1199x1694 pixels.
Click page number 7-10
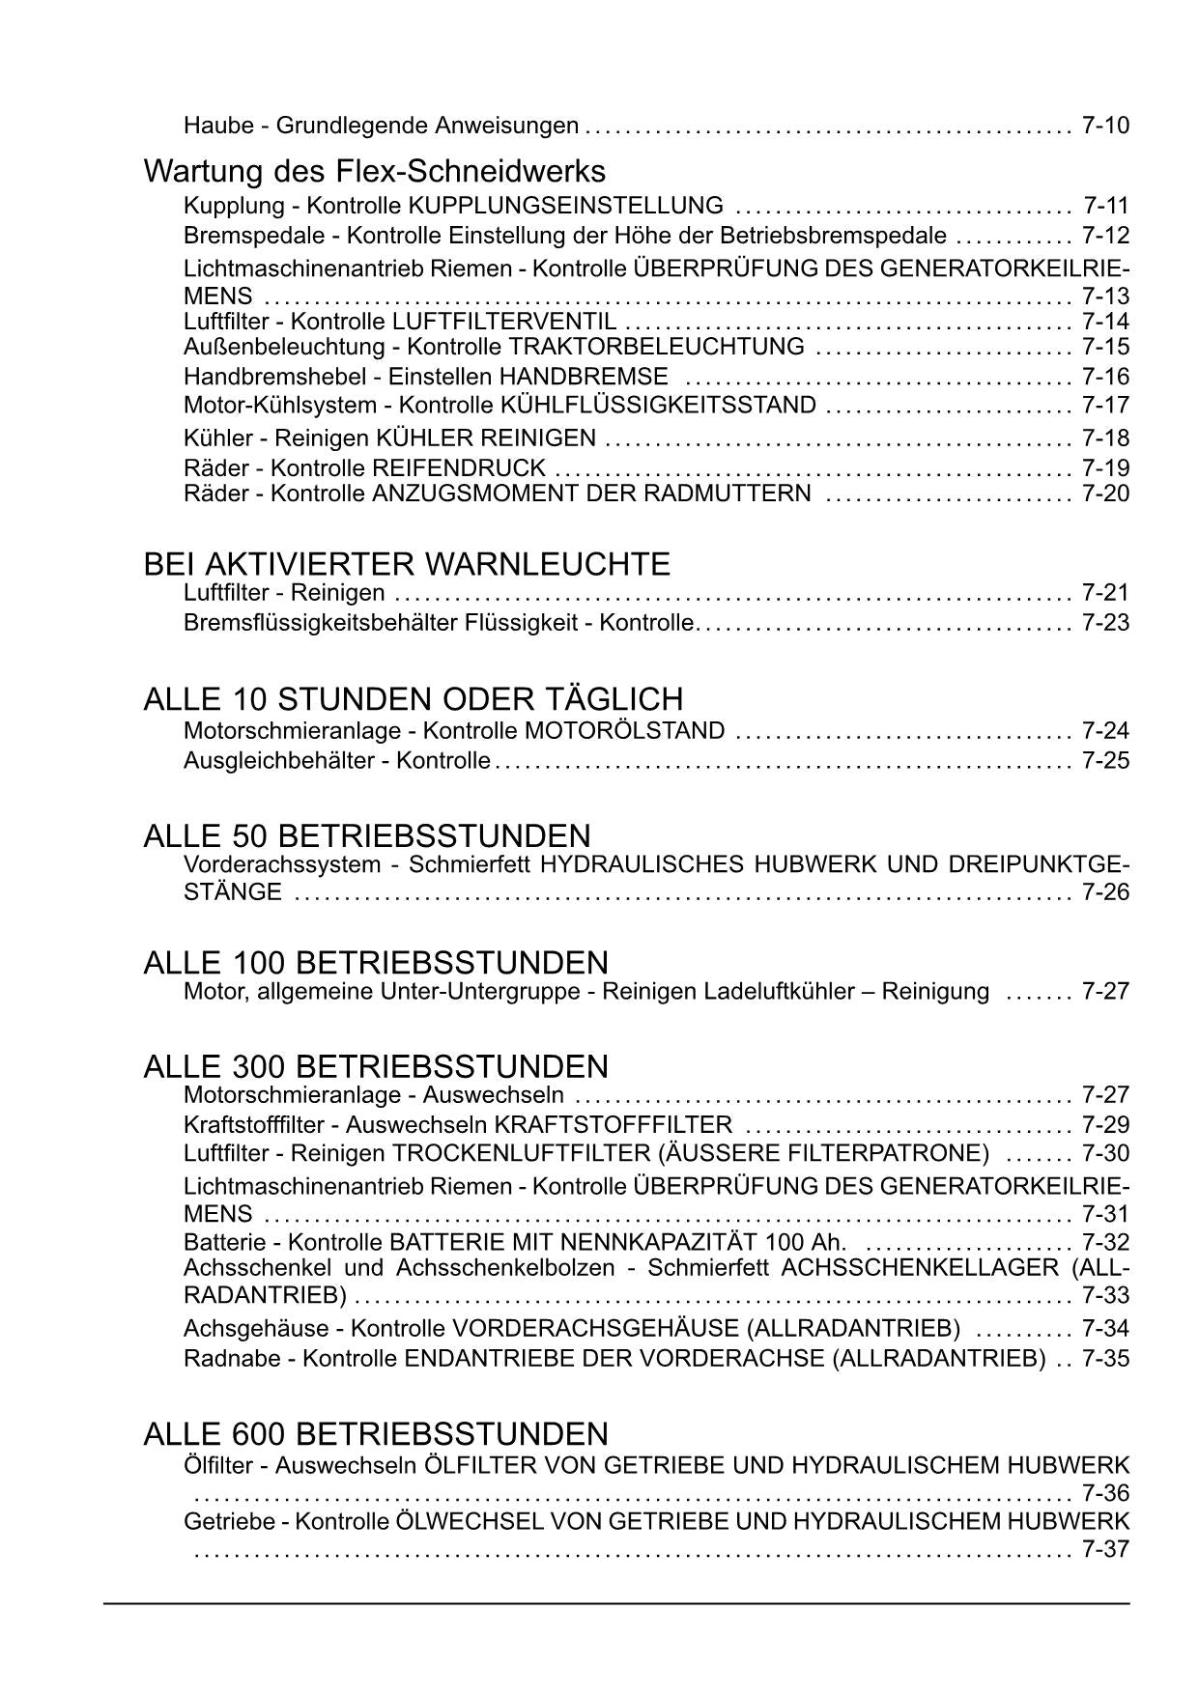(x=1105, y=126)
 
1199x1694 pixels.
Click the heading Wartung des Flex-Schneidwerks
(x=374, y=171)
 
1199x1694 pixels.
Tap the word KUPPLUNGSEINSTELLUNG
(x=565, y=206)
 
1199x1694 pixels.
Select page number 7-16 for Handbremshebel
(x=1105, y=377)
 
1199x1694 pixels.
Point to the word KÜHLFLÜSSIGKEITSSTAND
(x=658, y=406)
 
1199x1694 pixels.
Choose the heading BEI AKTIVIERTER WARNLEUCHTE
(x=406, y=563)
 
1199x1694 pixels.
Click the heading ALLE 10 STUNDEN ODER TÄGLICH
(x=413, y=698)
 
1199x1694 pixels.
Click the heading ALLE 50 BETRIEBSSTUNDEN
(x=366, y=835)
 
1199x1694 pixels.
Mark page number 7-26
(x=1105, y=892)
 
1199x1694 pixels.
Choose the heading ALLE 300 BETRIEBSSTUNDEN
(x=376, y=1066)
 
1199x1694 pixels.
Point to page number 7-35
(x=1105, y=1359)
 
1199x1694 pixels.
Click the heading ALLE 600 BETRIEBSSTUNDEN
(x=376, y=1432)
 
